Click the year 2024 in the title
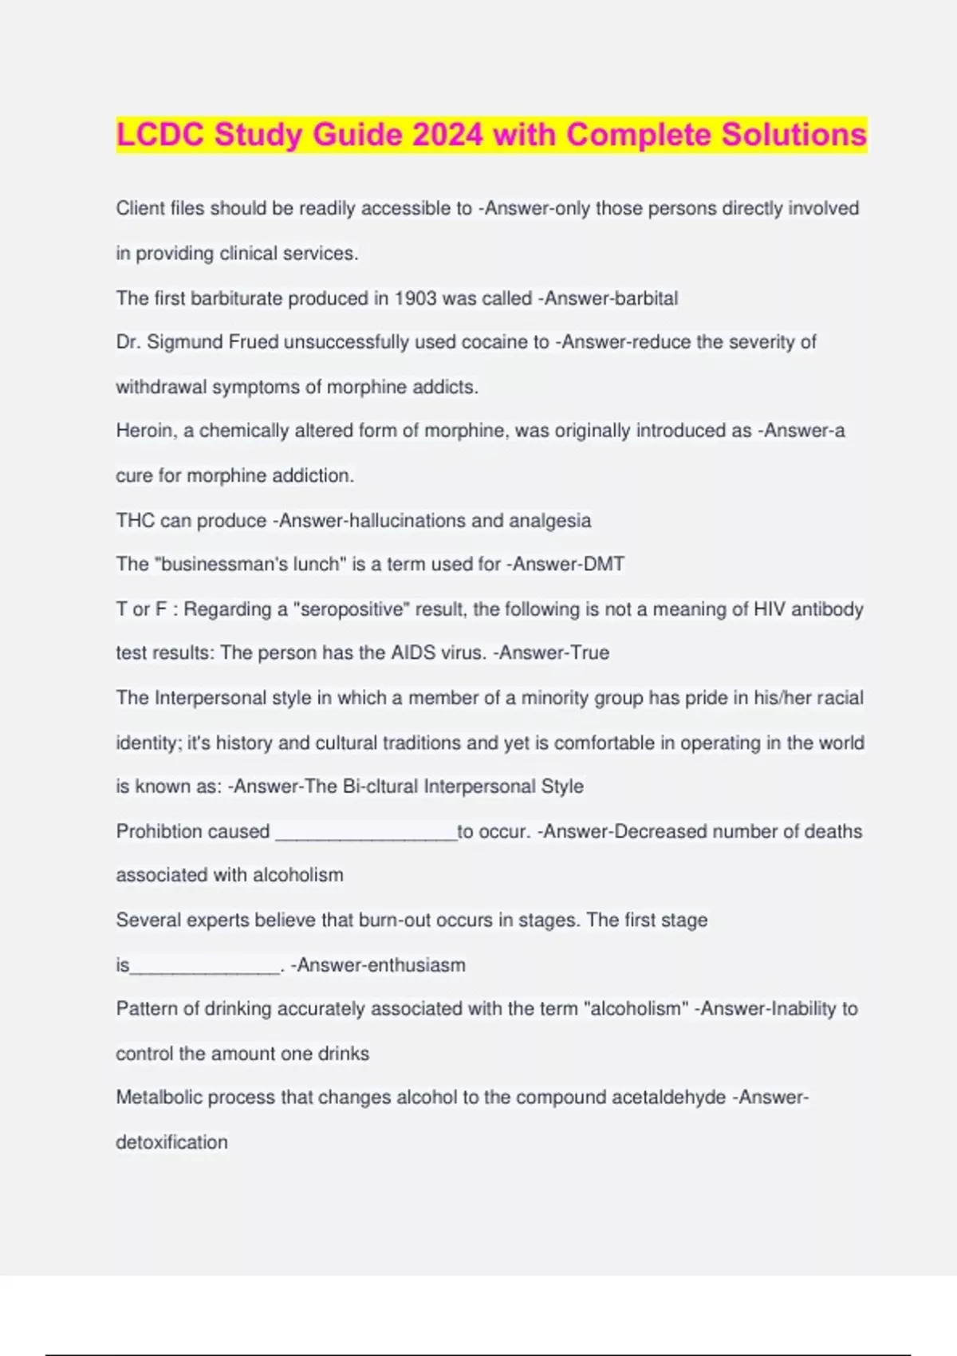[x=447, y=135]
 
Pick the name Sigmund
[x=185, y=342]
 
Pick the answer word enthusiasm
[x=416, y=965]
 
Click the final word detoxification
[x=171, y=1142]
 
